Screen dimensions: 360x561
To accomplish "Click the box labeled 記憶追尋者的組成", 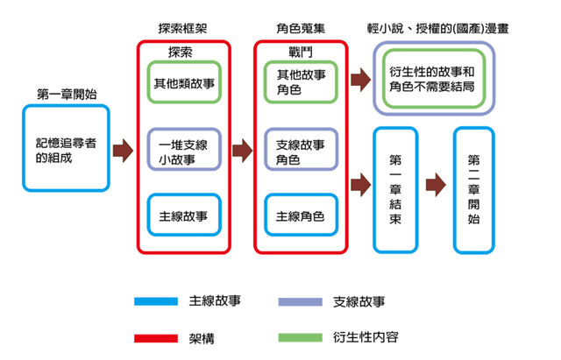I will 65,149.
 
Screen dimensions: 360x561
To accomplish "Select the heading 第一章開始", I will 66,94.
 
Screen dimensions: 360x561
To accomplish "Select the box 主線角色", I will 300,216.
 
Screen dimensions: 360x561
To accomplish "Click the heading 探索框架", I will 181,27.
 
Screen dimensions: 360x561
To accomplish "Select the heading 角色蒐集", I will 299,27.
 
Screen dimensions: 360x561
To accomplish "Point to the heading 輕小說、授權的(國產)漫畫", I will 436,27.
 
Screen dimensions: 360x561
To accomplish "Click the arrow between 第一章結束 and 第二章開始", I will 435,185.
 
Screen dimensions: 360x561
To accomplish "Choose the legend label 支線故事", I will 359,301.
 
